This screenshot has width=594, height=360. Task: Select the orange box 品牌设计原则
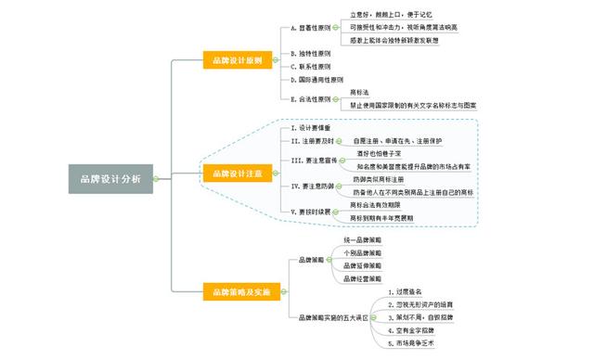(x=237, y=62)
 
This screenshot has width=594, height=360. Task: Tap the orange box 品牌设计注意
(x=237, y=174)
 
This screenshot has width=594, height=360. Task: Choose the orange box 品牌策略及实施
(x=237, y=292)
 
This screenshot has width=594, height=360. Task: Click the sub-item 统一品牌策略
(x=362, y=240)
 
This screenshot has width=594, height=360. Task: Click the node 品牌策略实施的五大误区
(x=333, y=317)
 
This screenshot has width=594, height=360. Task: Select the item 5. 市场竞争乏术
(x=418, y=344)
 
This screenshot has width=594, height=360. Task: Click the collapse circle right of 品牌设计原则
(x=278, y=62)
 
